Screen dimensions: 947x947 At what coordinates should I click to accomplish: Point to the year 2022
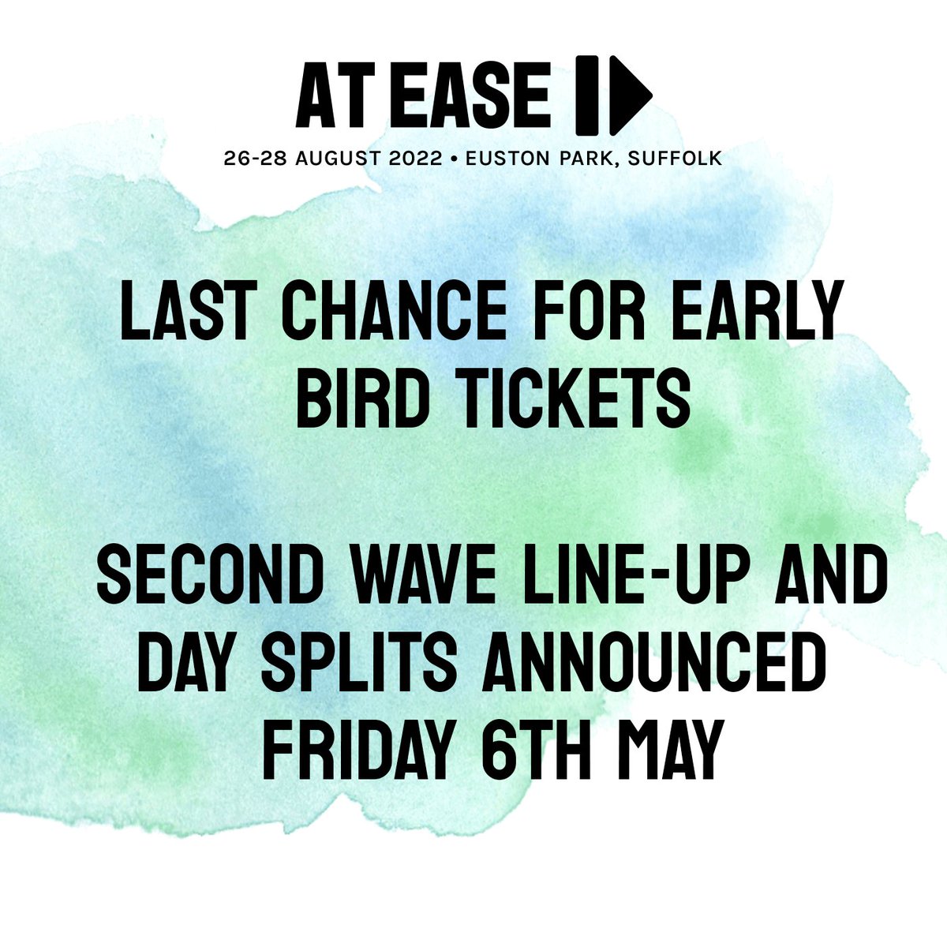410,159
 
